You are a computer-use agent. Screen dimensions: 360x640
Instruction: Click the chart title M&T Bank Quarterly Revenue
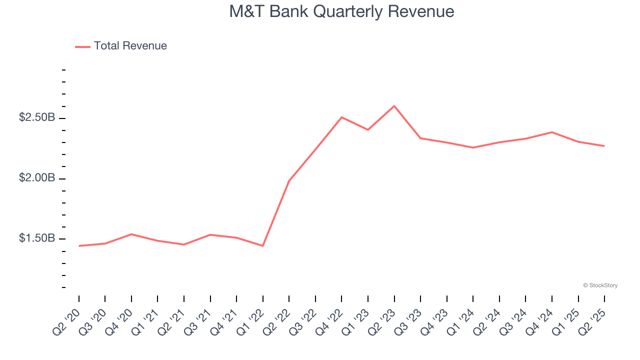[x=341, y=11]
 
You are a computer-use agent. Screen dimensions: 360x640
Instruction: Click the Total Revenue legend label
[x=130, y=46]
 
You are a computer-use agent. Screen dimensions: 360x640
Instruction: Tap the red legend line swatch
[x=82, y=46]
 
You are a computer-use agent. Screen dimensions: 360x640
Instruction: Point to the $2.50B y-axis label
[x=37, y=117]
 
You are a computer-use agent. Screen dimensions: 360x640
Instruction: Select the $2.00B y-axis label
[x=37, y=178]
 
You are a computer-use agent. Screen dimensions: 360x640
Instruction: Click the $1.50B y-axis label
[x=37, y=238]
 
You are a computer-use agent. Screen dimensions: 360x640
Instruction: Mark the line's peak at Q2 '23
[x=394, y=106]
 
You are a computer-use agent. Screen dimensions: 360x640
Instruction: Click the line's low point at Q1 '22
[x=262, y=245]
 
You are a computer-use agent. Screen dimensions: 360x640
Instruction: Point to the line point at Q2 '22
[x=289, y=181]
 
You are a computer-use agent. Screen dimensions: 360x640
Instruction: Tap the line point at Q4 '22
[x=341, y=117]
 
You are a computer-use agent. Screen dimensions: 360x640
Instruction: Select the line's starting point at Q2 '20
[x=79, y=245]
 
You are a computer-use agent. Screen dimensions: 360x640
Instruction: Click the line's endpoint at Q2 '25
[x=604, y=146]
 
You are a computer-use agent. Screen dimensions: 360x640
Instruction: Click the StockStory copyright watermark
[x=600, y=285]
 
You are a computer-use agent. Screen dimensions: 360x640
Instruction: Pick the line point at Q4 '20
[x=131, y=234]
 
